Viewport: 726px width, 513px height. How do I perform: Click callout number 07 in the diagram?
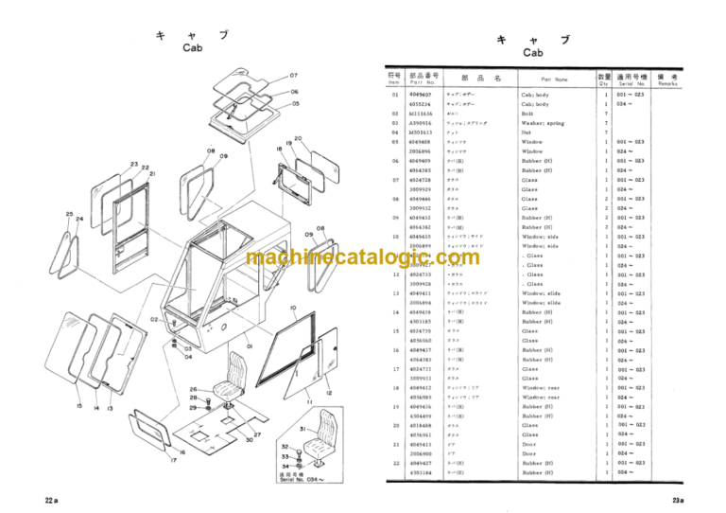(x=294, y=76)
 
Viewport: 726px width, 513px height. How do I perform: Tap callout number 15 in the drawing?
(x=79, y=407)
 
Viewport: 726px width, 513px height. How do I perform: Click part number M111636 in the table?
(x=419, y=114)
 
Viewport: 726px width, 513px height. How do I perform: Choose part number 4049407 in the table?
(x=419, y=95)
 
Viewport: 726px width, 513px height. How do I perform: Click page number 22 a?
(x=52, y=499)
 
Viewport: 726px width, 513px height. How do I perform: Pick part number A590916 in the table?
(x=419, y=123)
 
